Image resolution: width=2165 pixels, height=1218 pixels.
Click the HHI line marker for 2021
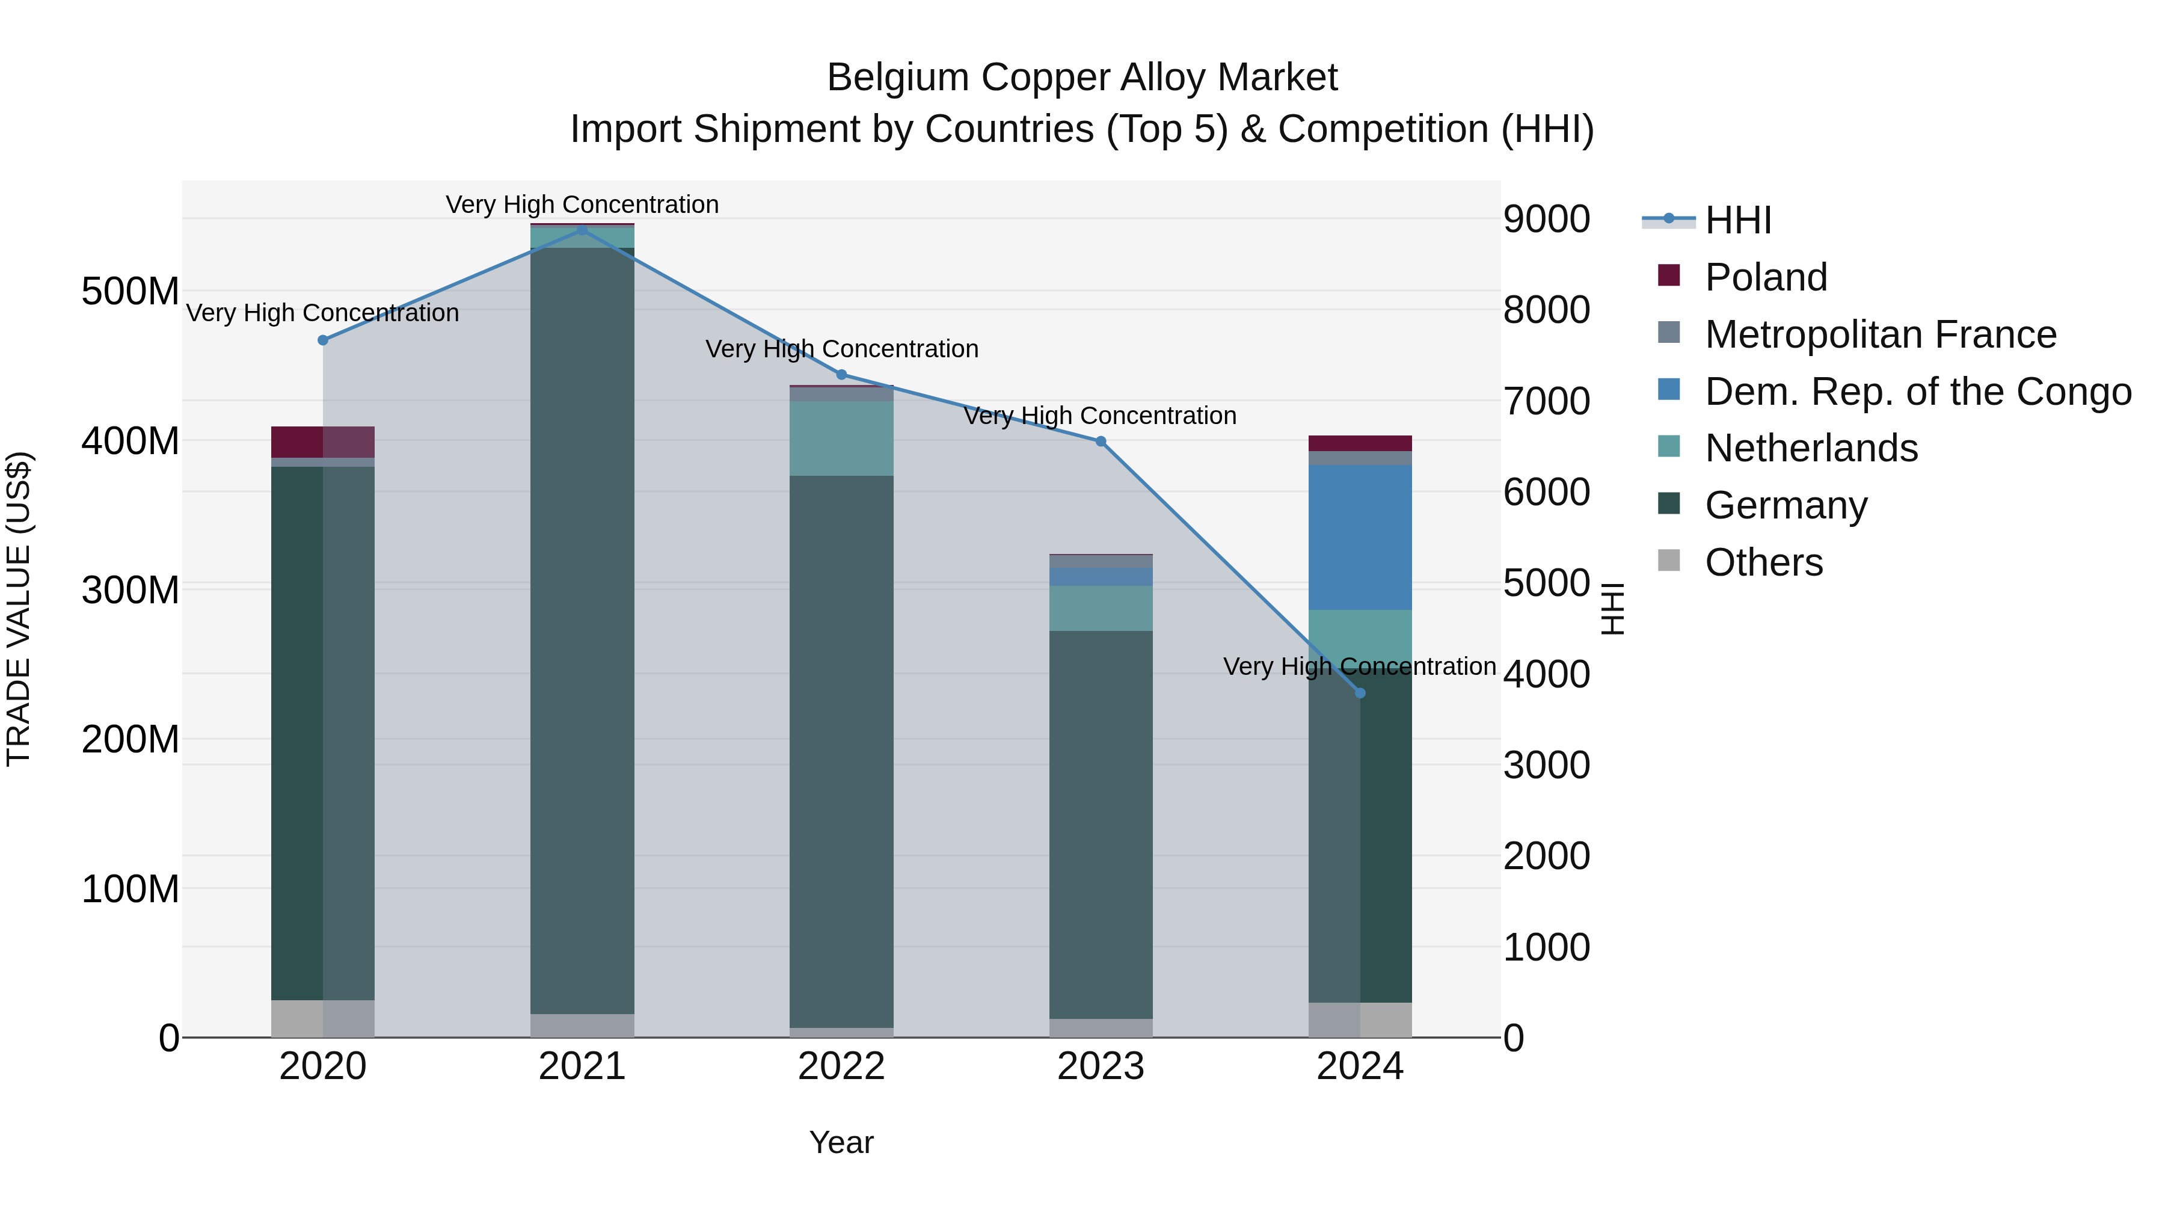[x=582, y=230]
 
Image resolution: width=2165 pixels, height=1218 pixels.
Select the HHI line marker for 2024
[x=1360, y=693]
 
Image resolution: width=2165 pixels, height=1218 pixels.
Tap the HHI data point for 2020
[x=323, y=340]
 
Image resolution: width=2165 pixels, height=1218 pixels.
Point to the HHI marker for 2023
[x=1100, y=441]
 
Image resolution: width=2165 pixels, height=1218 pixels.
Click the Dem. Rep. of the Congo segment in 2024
[x=1360, y=537]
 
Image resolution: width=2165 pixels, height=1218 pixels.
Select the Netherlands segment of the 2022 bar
[x=841, y=438]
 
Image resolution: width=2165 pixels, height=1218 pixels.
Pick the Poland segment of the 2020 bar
[x=323, y=441]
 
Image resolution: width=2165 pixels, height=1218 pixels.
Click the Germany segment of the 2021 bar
[x=582, y=630]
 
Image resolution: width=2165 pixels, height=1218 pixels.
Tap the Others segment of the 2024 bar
[x=1360, y=1019]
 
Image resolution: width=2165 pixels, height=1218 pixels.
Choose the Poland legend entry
[x=1765, y=277]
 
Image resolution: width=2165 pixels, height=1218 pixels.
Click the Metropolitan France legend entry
[x=1880, y=334]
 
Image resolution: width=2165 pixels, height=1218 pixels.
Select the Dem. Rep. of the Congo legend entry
[x=1917, y=392]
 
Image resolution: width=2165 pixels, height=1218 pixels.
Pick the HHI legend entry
[x=1737, y=220]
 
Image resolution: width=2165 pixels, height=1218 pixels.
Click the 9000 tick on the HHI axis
[x=1546, y=220]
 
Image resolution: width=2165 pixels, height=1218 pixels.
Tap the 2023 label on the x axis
[x=1100, y=1066]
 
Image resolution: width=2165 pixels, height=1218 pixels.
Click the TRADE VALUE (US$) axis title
[x=19, y=609]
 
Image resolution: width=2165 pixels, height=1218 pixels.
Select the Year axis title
[x=841, y=1142]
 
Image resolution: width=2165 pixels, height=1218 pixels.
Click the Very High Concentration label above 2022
[x=841, y=349]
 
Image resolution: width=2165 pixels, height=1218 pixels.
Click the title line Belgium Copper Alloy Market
[x=1082, y=78]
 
